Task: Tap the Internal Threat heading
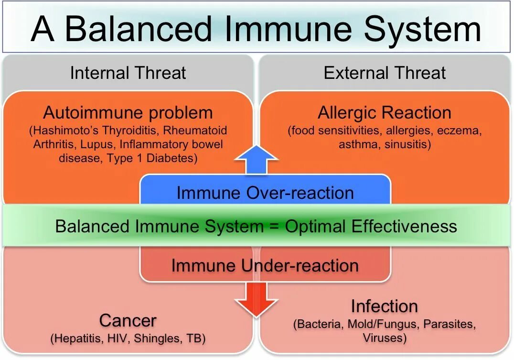click(x=128, y=73)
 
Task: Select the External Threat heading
click(x=385, y=73)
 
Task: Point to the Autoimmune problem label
click(x=128, y=113)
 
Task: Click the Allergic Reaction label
click(x=385, y=113)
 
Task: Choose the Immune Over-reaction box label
click(x=265, y=193)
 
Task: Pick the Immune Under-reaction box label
click(x=265, y=265)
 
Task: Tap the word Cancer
click(x=128, y=320)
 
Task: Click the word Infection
click(x=385, y=306)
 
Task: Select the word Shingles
click(x=156, y=338)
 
